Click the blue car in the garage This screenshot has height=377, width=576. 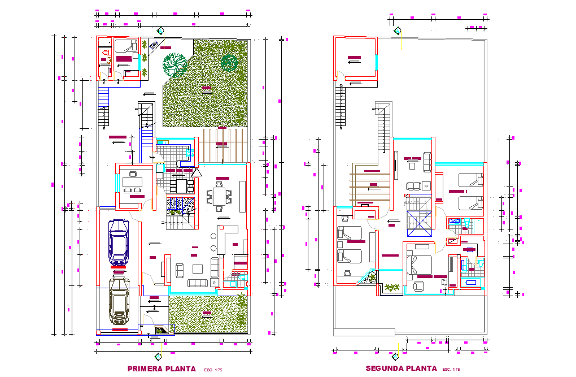click(119, 242)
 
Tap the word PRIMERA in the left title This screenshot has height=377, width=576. click(145, 369)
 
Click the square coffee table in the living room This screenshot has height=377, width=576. click(198, 268)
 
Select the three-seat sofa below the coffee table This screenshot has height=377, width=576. click(198, 283)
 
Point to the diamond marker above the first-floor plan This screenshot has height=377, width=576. click(161, 31)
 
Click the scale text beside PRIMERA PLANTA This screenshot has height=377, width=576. click(213, 370)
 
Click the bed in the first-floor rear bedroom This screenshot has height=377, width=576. click(125, 47)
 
